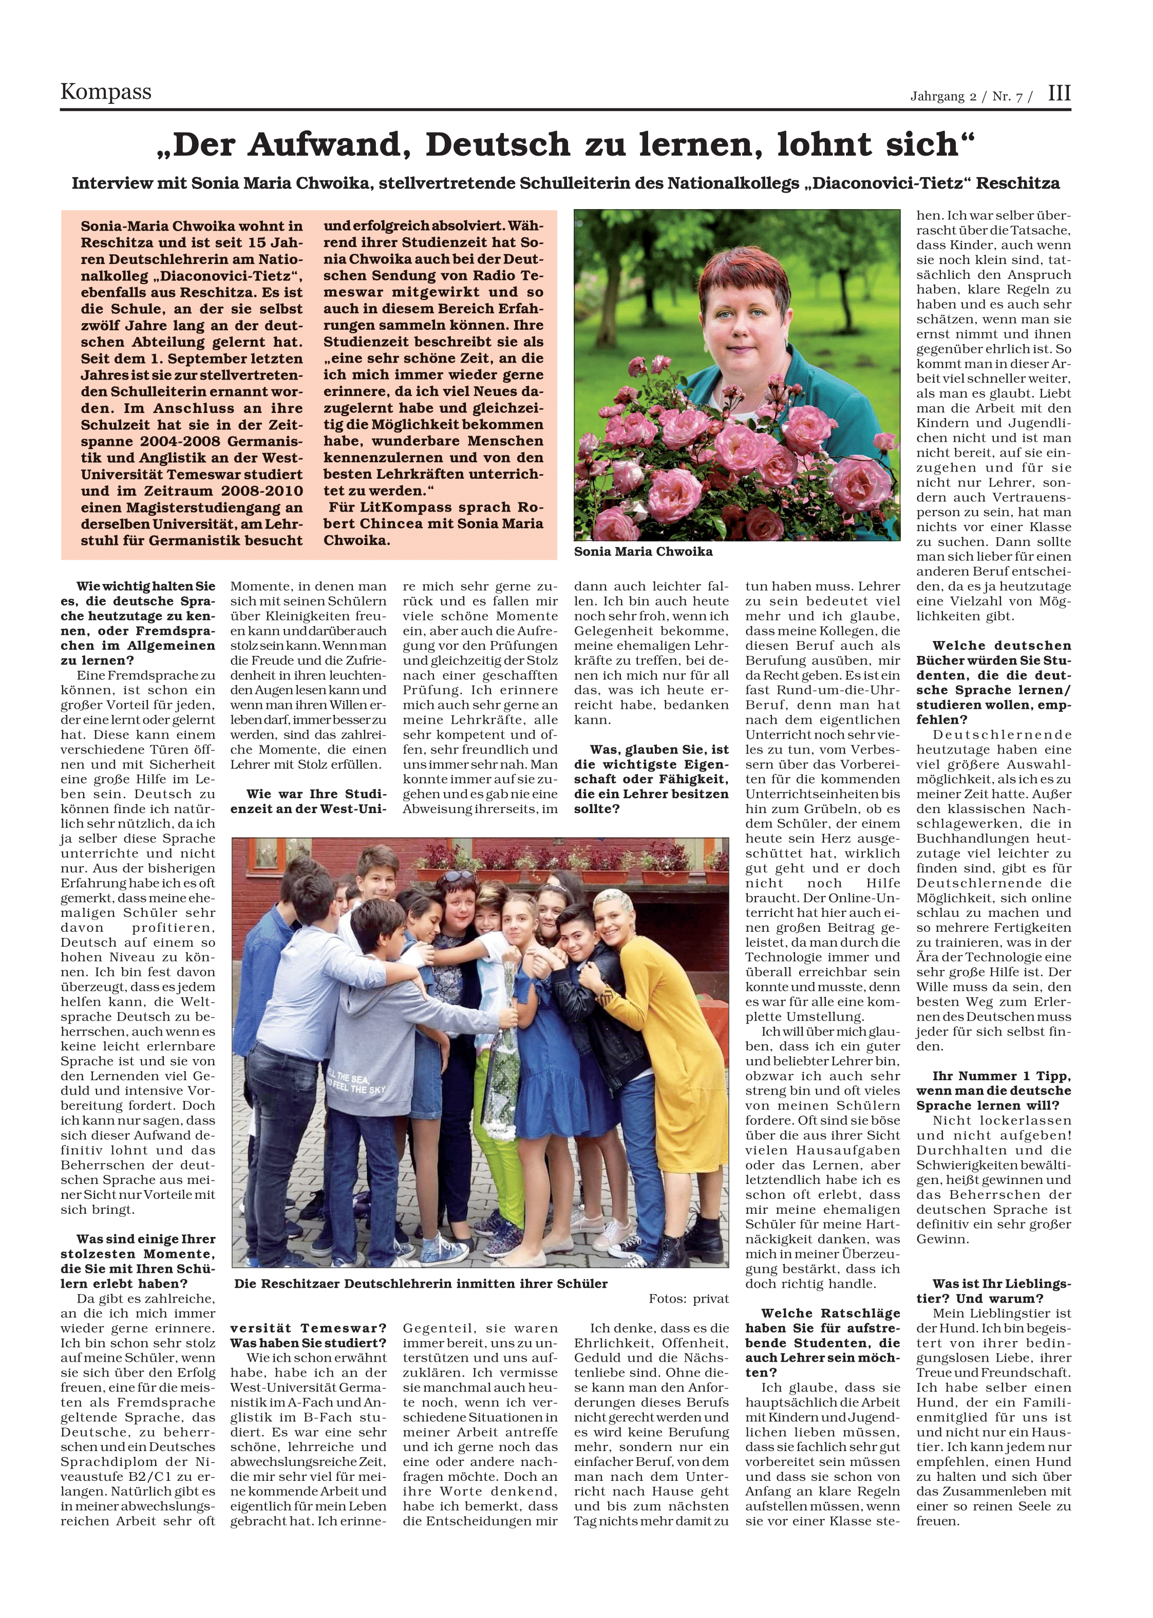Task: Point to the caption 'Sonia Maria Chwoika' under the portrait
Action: tap(643, 552)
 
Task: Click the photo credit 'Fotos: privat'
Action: tap(688, 1299)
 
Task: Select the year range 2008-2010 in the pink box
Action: tap(262, 491)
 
